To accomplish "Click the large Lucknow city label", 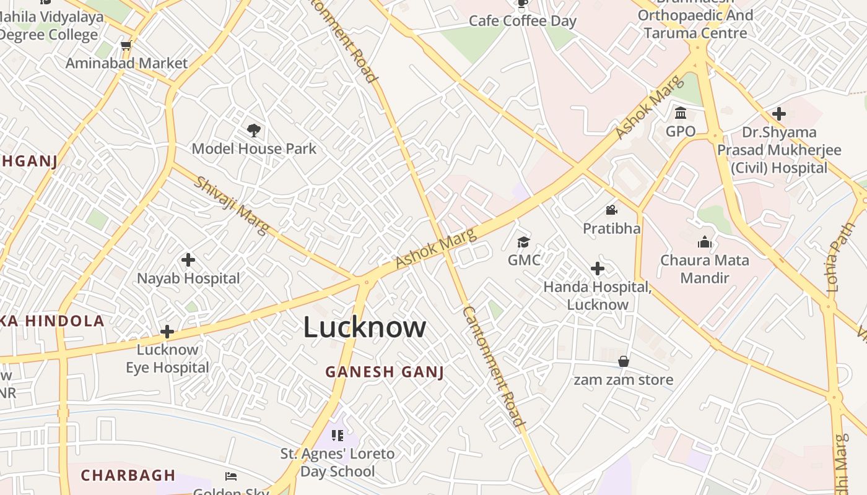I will point(364,327).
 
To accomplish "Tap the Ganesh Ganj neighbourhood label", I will point(385,372).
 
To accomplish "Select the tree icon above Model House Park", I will point(253,130).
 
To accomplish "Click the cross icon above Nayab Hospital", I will point(188,260).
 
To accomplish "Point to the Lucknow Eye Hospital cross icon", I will point(167,332).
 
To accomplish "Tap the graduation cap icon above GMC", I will point(524,241).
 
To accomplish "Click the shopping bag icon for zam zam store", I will point(624,361).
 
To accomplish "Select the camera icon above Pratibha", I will point(612,210).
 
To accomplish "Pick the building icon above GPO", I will point(681,113).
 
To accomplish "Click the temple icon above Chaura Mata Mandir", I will point(705,241).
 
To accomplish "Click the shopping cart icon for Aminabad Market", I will point(126,45).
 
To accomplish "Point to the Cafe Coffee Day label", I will point(523,21).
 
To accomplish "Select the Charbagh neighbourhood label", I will point(128,475).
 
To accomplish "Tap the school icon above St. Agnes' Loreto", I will point(338,436).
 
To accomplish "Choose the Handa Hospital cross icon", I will point(598,269).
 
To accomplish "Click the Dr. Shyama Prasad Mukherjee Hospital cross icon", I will point(779,114).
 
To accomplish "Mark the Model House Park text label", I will point(254,148).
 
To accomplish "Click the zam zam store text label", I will point(624,379).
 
